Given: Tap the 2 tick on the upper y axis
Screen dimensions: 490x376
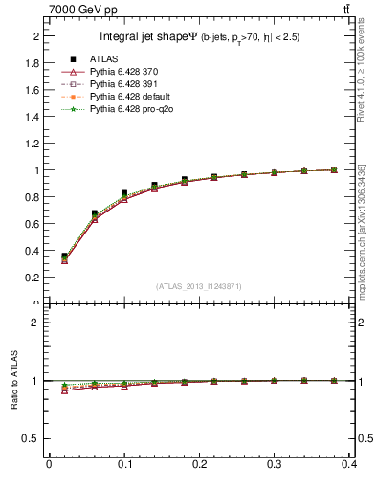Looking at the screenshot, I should (35, 36).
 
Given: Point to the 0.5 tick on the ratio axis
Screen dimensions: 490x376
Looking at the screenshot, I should (32, 439).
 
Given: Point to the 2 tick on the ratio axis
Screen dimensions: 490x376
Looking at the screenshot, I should (35, 323).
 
